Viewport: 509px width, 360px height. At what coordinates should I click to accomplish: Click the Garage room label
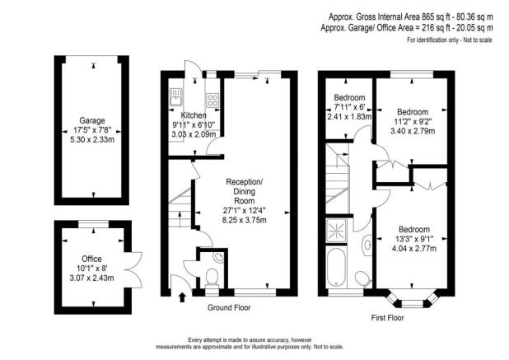91,120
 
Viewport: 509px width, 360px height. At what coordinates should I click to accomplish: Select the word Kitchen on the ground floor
194,115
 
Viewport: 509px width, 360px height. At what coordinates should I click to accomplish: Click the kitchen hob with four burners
211,101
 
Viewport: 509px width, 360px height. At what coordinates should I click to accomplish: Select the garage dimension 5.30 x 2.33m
91,139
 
